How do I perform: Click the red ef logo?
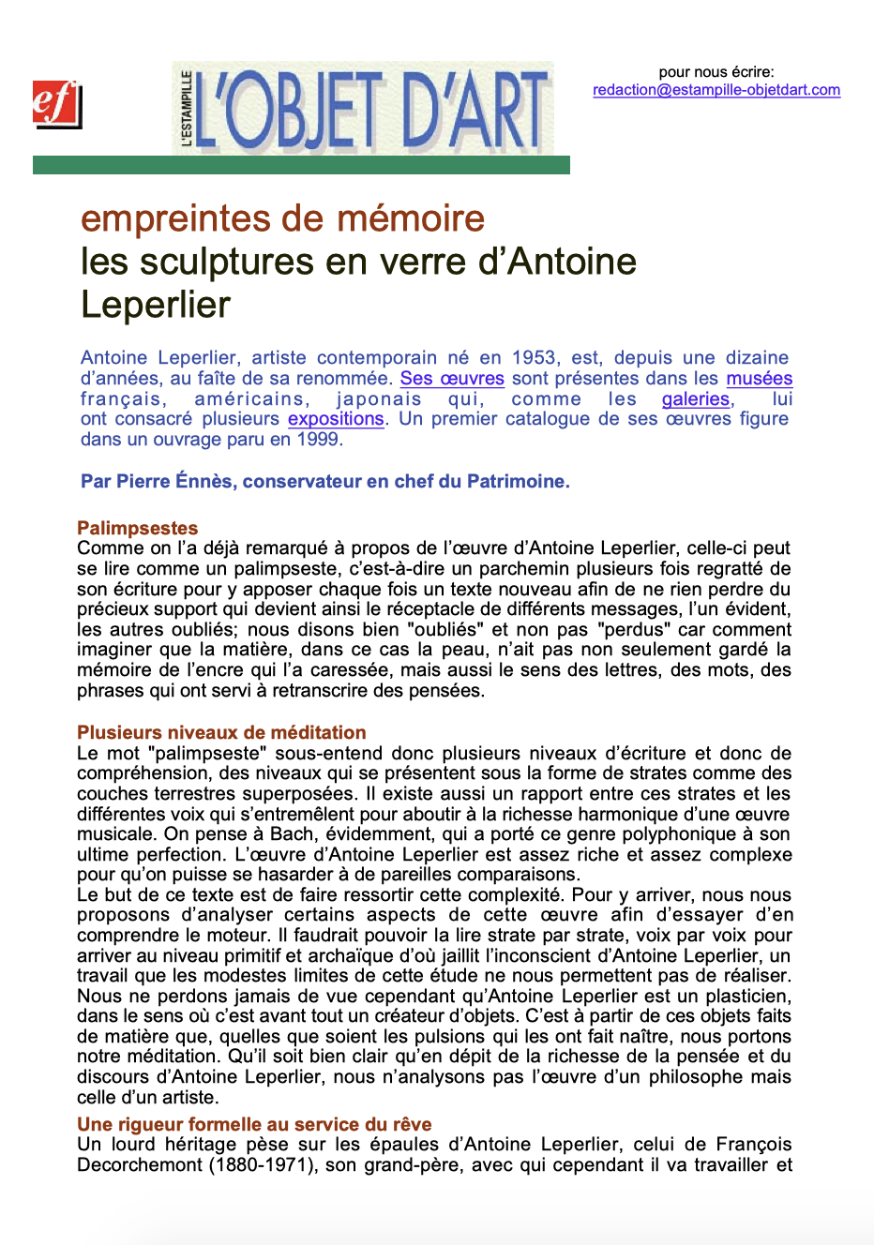pyautogui.click(x=56, y=103)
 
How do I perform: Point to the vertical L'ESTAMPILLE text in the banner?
pyautogui.click(x=187, y=109)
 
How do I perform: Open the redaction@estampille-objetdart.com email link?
pyautogui.click(x=716, y=90)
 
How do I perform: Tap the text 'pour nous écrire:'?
pyautogui.click(x=716, y=72)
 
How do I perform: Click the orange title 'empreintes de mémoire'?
pyautogui.click(x=282, y=218)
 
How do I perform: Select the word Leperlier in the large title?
pyautogui.click(x=156, y=305)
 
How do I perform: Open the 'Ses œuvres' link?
pyautogui.click(x=452, y=379)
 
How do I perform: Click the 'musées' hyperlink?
pyautogui.click(x=759, y=379)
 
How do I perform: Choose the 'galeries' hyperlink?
pyautogui.click(x=696, y=399)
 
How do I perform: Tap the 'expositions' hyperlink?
pyautogui.click(x=336, y=419)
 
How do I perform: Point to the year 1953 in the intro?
pyautogui.click(x=534, y=358)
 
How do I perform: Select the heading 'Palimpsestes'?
pyautogui.click(x=138, y=528)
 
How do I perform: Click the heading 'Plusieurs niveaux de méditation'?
pyautogui.click(x=221, y=732)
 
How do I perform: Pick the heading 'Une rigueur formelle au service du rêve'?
pyautogui.click(x=254, y=1124)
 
